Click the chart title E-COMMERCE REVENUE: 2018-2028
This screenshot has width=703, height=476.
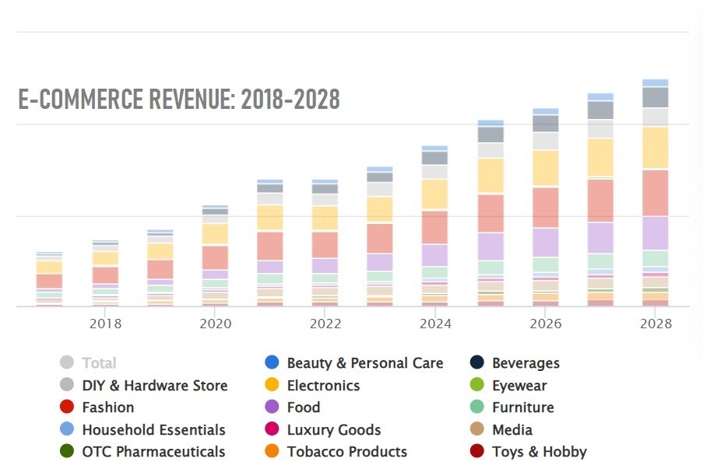pos(179,100)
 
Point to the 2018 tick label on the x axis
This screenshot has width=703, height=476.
pos(105,324)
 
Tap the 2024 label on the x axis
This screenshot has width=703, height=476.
pos(434,324)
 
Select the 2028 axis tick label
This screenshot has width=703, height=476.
pos(655,324)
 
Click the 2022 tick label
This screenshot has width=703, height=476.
pos(325,324)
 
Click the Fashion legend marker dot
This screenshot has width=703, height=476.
pos(67,407)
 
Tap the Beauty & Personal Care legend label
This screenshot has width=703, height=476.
pos(365,362)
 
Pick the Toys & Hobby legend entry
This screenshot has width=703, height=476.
pos(539,452)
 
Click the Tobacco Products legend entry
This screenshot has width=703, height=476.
pos(346,452)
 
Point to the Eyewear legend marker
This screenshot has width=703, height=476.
pos(477,385)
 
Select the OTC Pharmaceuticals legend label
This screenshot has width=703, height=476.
pos(153,452)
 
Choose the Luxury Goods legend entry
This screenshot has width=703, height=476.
pos(334,429)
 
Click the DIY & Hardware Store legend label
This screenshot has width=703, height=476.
pos(155,385)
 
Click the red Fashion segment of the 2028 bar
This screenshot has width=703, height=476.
pos(656,193)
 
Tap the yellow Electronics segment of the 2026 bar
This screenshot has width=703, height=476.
pos(545,168)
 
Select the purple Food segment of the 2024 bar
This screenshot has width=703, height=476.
pos(434,255)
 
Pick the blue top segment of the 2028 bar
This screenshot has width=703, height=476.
pos(656,82)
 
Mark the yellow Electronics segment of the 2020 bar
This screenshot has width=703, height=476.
pos(215,234)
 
